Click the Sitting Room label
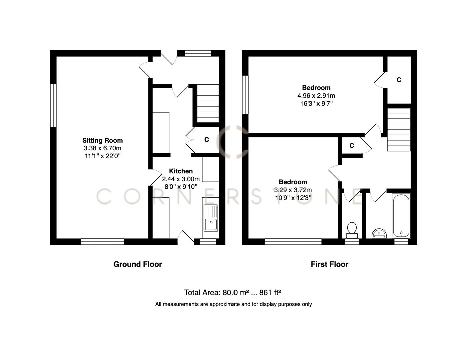102,140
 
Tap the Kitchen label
181,171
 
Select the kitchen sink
211,218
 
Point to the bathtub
401,216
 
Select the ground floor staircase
208,103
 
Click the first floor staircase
399,130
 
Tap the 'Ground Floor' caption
137,264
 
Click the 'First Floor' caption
329,264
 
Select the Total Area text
232,293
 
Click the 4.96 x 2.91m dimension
316,96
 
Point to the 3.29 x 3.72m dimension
293,190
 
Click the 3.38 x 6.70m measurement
102,148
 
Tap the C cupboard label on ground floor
207,140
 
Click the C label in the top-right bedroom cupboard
399,80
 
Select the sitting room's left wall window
53,105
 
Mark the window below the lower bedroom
293,242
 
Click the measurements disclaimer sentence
233,304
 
